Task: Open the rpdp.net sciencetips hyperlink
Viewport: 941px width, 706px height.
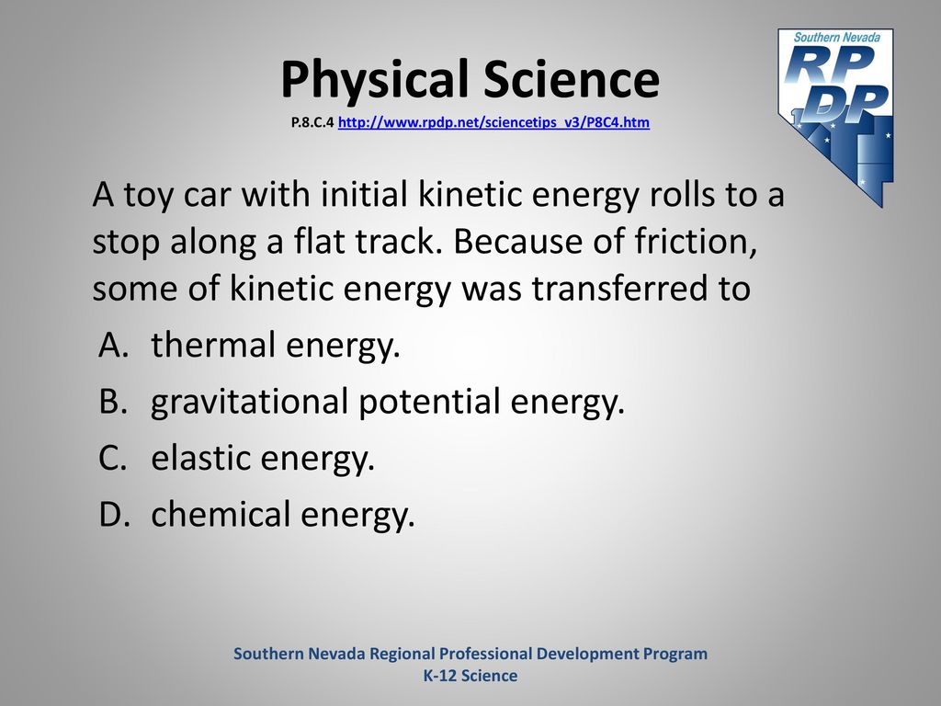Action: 493,122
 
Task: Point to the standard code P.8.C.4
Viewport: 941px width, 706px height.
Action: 312,122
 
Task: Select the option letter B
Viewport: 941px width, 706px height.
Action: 113,401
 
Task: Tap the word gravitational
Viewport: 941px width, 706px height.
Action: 250,402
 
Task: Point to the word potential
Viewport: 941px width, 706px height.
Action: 429,402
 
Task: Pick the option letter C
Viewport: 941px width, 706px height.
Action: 113,458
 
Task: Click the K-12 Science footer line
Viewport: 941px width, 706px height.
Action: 470,676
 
